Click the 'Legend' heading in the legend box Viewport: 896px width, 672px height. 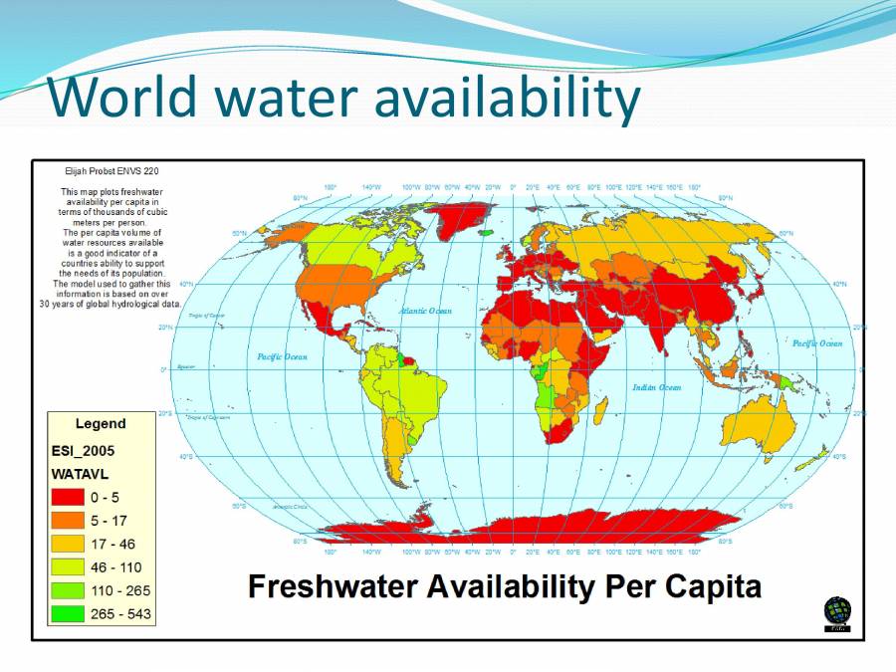[x=101, y=424]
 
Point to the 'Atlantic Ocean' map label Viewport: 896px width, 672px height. [x=425, y=312]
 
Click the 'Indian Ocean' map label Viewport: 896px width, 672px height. [x=657, y=387]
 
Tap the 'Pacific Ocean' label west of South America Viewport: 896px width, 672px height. [x=283, y=356]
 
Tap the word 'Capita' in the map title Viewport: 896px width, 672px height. [x=709, y=586]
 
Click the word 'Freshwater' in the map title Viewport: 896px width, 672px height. [x=333, y=586]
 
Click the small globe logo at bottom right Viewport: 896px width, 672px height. [x=836, y=612]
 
